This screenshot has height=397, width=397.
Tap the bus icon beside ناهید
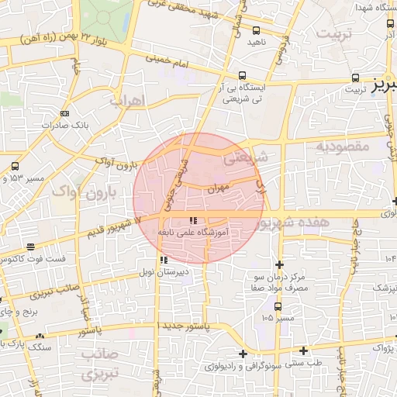tap(256, 29)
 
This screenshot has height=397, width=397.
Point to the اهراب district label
tap(127, 101)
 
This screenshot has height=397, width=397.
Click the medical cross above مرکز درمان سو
tap(278, 265)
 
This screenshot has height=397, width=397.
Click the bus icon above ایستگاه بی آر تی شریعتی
tap(243, 75)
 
